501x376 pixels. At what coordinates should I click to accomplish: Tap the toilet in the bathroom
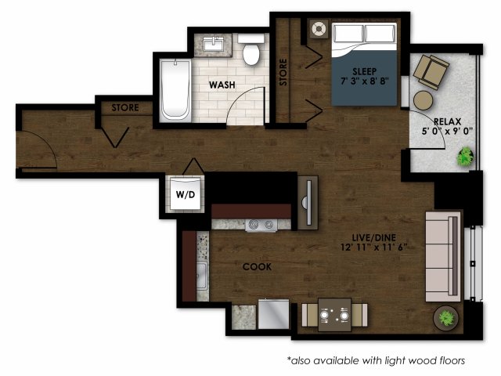[251, 52]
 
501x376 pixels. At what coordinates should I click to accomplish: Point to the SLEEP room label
[364, 69]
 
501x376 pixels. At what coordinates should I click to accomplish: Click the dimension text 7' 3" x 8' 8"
[364, 81]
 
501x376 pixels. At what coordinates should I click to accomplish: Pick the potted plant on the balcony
[465, 157]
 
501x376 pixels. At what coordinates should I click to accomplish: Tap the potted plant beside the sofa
[446, 318]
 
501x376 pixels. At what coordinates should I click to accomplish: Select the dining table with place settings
[334, 316]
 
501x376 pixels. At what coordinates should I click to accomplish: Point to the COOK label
[257, 266]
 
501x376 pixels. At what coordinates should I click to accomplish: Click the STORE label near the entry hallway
[125, 107]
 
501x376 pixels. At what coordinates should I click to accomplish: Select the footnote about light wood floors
[376, 360]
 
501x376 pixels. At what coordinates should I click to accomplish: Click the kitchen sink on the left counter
[201, 275]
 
